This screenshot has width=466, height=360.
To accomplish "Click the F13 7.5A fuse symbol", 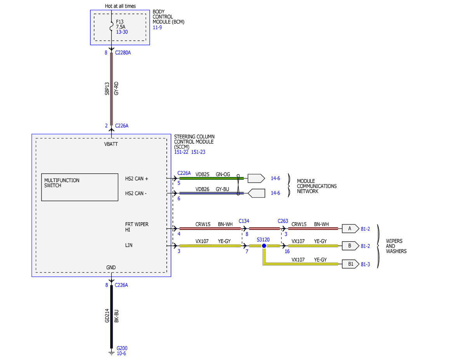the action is pos(111,26).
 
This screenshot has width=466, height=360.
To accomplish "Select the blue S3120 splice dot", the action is pos(264,246).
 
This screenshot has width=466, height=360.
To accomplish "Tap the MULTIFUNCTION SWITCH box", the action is pos(80,187).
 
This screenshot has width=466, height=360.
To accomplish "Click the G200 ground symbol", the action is pos(111,353).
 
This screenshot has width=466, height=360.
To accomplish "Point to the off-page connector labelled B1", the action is pos(350,264).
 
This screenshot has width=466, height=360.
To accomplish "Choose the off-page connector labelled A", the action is pos(350,229).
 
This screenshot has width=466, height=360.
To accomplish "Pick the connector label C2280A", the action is pos(123,52).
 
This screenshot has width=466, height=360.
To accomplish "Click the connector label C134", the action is pos(244,221).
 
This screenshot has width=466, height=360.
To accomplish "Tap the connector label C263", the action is pos(283,221).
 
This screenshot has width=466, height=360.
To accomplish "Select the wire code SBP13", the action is pos(107,89).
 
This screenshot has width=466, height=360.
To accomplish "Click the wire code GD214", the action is pos(107,316).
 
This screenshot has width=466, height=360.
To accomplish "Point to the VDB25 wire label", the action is pos(202,174).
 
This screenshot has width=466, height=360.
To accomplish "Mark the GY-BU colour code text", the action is pos(223,189).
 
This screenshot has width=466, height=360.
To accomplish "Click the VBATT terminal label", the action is pos(111,144).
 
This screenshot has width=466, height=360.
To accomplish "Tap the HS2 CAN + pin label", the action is pos(137,179).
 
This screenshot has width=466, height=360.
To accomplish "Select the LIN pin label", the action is pos(129,245).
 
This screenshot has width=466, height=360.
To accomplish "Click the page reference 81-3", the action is pos(365,264).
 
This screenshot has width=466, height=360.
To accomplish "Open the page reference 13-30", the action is pos(122,32).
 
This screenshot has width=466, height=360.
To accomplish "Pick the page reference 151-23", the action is pos(198,152).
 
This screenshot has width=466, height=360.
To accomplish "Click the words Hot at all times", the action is pos(120,6).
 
